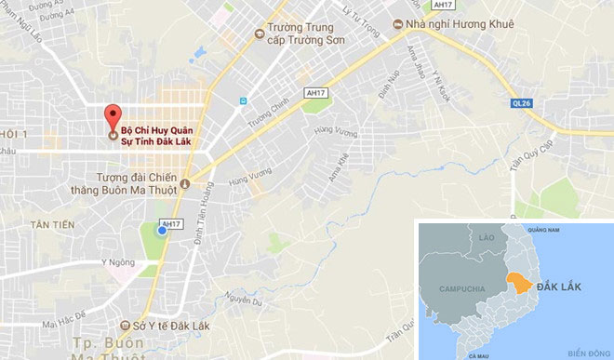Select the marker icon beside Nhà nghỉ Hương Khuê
395,25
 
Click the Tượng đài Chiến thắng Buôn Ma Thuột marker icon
184,183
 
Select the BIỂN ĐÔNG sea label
586,353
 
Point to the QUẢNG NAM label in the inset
541,228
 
